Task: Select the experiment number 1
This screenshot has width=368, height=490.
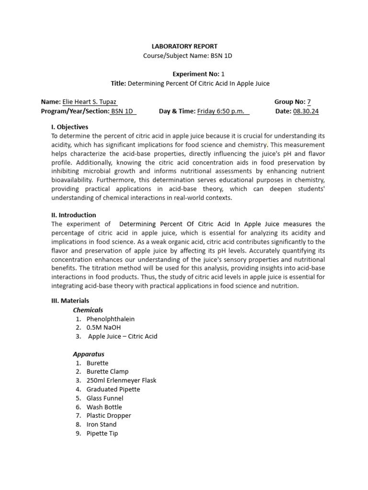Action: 222,74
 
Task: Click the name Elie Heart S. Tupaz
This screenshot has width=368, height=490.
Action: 89,102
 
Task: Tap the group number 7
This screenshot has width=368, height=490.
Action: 309,102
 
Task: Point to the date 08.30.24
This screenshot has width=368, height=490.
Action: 306,111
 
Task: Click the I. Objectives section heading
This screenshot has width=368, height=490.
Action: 70,127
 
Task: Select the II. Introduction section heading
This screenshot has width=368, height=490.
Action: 74,215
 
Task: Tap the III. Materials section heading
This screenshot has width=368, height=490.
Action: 70,301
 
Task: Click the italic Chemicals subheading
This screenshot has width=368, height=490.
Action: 88,310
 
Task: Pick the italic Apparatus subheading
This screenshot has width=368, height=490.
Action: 89,355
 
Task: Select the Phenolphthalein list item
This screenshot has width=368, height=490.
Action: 111,319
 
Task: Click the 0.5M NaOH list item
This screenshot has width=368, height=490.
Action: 103,328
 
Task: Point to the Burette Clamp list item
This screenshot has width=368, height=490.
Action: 107,372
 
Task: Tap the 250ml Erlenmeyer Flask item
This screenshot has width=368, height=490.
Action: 121,380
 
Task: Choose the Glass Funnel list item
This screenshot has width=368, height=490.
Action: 105,398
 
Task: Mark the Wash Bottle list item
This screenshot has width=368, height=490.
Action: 104,407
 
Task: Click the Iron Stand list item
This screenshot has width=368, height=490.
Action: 102,424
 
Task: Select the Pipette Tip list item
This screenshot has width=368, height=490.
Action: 102,434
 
